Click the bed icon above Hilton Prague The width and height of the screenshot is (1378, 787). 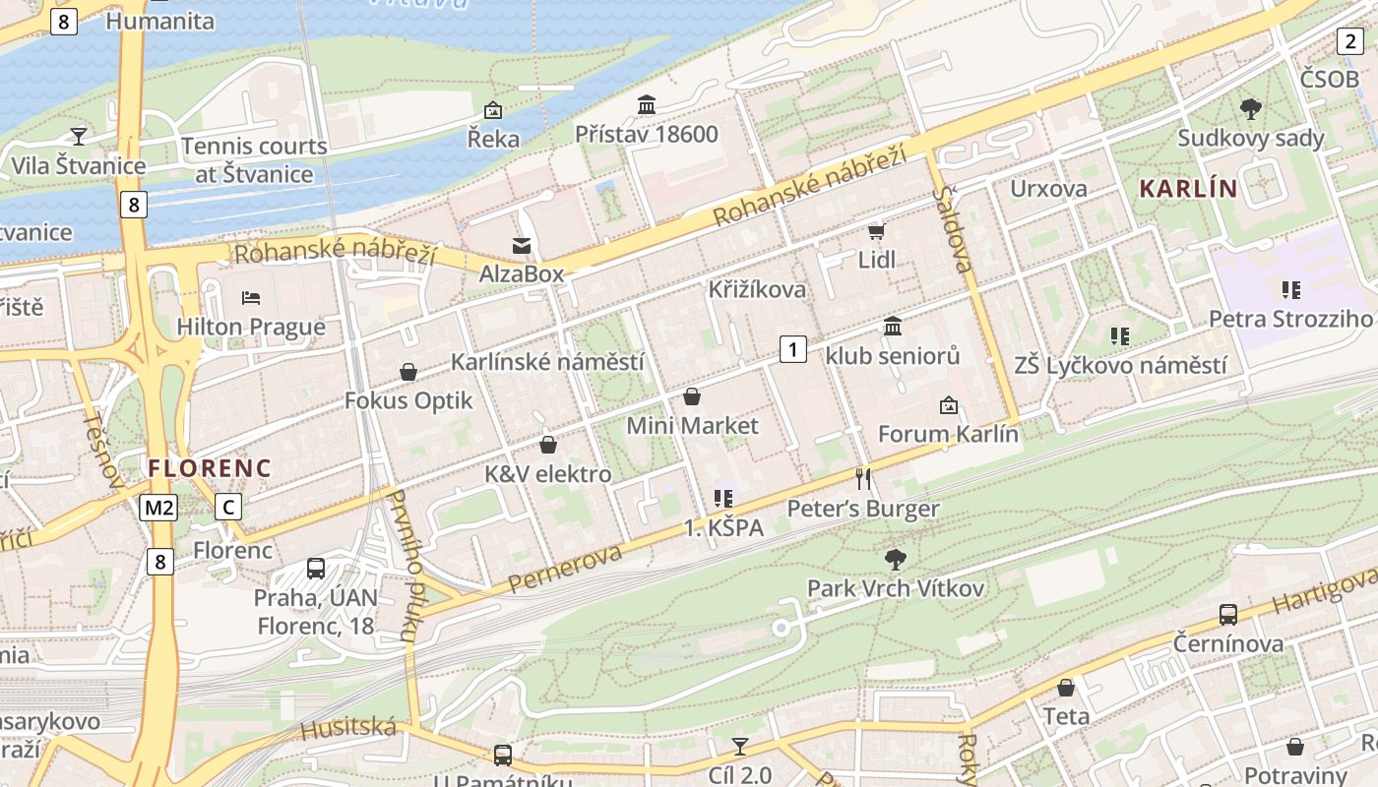pyautogui.click(x=251, y=297)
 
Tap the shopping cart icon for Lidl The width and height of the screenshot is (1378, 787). pyautogui.click(x=876, y=232)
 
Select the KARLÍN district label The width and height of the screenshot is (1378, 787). pyautogui.click(x=1187, y=188)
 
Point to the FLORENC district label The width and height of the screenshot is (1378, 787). pyautogui.click(x=210, y=468)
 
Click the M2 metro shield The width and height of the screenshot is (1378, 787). pyautogui.click(x=157, y=508)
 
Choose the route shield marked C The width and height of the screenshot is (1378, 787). pyautogui.click(x=228, y=508)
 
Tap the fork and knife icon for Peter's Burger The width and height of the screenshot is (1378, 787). pyautogui.click(x=863, y=479)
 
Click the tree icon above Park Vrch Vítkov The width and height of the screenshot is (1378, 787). pyautogui.click(x=895, y=560)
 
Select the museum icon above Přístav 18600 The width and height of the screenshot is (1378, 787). pyautogui.click(x=647, y=104)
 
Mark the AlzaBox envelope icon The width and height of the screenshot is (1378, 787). pyautogui.click(x=521, y=245)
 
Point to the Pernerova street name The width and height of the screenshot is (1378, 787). pyautogui.click(x=565, y=571)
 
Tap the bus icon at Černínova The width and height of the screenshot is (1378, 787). pyautogui.click(x=1227, y=615)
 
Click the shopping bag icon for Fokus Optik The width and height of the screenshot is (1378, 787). pyautogui.click(x=408, y=372)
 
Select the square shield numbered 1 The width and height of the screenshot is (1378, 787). pyautogui.click(x=793, y=348)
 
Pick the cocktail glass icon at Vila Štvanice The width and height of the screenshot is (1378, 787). pyautogui.click(x=79, y=136)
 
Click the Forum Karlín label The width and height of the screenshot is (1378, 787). pyautogui.click(x=947, y=433)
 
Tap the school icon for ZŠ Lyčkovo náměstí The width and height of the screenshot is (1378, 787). pyautogui.click(x=1119, y=336)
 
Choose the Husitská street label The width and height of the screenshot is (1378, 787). pyautogui.click(x=348, y=729)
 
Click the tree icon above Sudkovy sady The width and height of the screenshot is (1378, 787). pyautogui.click(x=1251, y=108)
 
